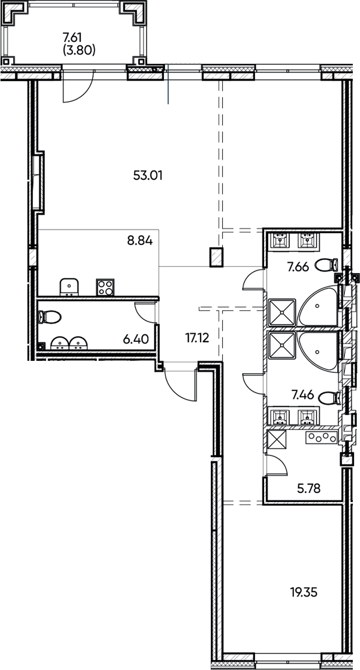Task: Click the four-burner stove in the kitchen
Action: pos(105,288)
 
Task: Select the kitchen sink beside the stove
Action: pos(69,287)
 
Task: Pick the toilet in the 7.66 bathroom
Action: pos(326,264)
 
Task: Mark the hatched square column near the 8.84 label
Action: pos(216,257)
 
